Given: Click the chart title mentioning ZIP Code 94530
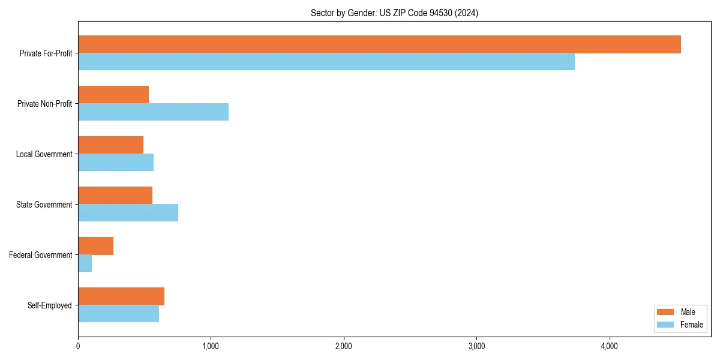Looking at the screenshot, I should [x=394, y=13].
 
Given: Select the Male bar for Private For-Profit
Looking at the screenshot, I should [x=379, y=44].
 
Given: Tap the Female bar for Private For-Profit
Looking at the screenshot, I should [x=326, y=62].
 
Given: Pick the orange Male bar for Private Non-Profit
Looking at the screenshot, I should [x=113, y=95].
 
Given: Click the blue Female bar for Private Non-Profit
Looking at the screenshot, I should [x=153, y=112].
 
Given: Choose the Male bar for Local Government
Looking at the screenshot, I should [x=110, y=145].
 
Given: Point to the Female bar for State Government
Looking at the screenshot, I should [x=128, y=213].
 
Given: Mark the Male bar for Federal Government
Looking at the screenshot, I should [x=95, y=246].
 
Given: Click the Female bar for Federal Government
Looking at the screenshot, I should [x=85, y=263].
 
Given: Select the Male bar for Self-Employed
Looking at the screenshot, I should [x=121, y=296].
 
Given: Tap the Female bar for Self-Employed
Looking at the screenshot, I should [x=118, y=314].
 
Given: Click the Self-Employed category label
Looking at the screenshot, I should [x=49, y=305].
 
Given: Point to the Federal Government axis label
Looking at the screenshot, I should [x=40, y=255].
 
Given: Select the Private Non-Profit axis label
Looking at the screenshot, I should [x=44, y=104].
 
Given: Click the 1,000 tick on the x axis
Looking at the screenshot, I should [x=211, y=346].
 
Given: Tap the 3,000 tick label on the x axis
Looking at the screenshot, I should [x=476, y=346].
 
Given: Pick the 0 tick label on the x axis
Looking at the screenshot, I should [x=78, y=346].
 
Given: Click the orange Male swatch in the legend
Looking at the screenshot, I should [x=666, y=312].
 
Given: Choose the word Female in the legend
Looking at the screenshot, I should [x=691, y=325].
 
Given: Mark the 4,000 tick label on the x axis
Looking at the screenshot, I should [x=609, y=346].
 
